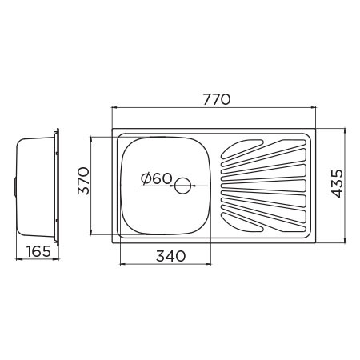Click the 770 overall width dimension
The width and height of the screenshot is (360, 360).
point(216,99)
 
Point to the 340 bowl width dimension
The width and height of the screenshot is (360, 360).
point(170,256)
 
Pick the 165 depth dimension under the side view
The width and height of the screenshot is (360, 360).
point(36,251)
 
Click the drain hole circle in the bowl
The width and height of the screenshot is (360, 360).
point(183,187)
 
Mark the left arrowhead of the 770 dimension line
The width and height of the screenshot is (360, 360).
point(114,110)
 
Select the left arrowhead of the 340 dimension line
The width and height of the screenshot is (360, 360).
point(121,264)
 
